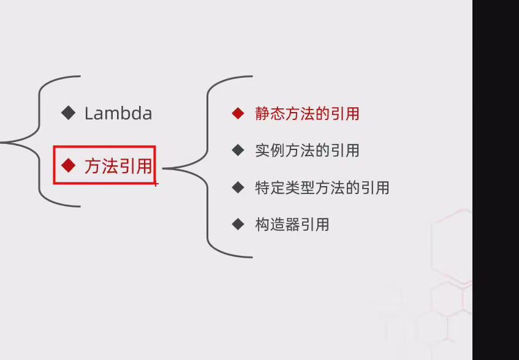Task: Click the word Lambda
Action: coord(118,113)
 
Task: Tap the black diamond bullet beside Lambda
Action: coord(68,112)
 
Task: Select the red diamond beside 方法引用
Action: coord(68,165)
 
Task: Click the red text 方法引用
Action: coord(118,166)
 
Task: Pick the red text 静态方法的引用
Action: coord(307,114)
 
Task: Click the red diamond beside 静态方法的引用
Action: coord(238,113)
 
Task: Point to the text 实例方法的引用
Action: coord(307,151)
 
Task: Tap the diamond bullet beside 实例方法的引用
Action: coord(238,150)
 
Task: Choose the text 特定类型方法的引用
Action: coord(322,188)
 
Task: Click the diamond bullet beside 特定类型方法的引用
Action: coord(238,187)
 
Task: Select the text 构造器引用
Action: coord(292,225)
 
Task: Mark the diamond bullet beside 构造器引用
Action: coord(238,224)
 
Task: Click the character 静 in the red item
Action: coord(262,114)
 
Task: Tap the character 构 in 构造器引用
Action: coord(262,225)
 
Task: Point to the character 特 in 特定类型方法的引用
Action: coord(262,188)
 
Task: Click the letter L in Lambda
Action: coord(89,113)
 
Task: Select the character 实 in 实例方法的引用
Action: coord(262,151)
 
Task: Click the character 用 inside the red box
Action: coord(144,166)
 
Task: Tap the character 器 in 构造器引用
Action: coord(292,225)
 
